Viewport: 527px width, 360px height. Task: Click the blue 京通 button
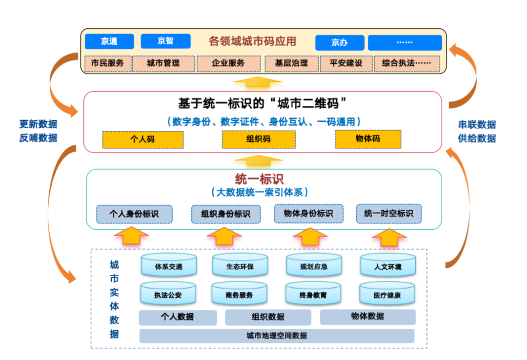(x=109, y=42)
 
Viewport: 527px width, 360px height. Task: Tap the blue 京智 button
(x=165, y=41)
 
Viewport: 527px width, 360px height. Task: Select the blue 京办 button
(x=340, y=43)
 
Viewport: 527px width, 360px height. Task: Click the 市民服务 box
(x=108, y=63)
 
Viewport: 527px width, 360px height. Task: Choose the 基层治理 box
(x=291, y=63)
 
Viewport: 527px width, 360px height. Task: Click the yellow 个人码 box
(x=142, y=140)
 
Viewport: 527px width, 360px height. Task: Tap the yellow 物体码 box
(x=368, y=139)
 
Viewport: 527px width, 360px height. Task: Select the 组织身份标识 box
(x=225, y=214)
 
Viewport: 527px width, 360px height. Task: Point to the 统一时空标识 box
(x=388, y=214)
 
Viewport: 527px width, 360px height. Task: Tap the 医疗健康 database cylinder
(x=387, y=294)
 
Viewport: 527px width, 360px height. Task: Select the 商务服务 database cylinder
(x=240, y=294)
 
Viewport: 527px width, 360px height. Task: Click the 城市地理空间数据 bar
(x=277, y=336)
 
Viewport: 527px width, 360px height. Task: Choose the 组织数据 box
(x=268, y=317)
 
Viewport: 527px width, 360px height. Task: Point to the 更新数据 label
(x=38, y=124)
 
